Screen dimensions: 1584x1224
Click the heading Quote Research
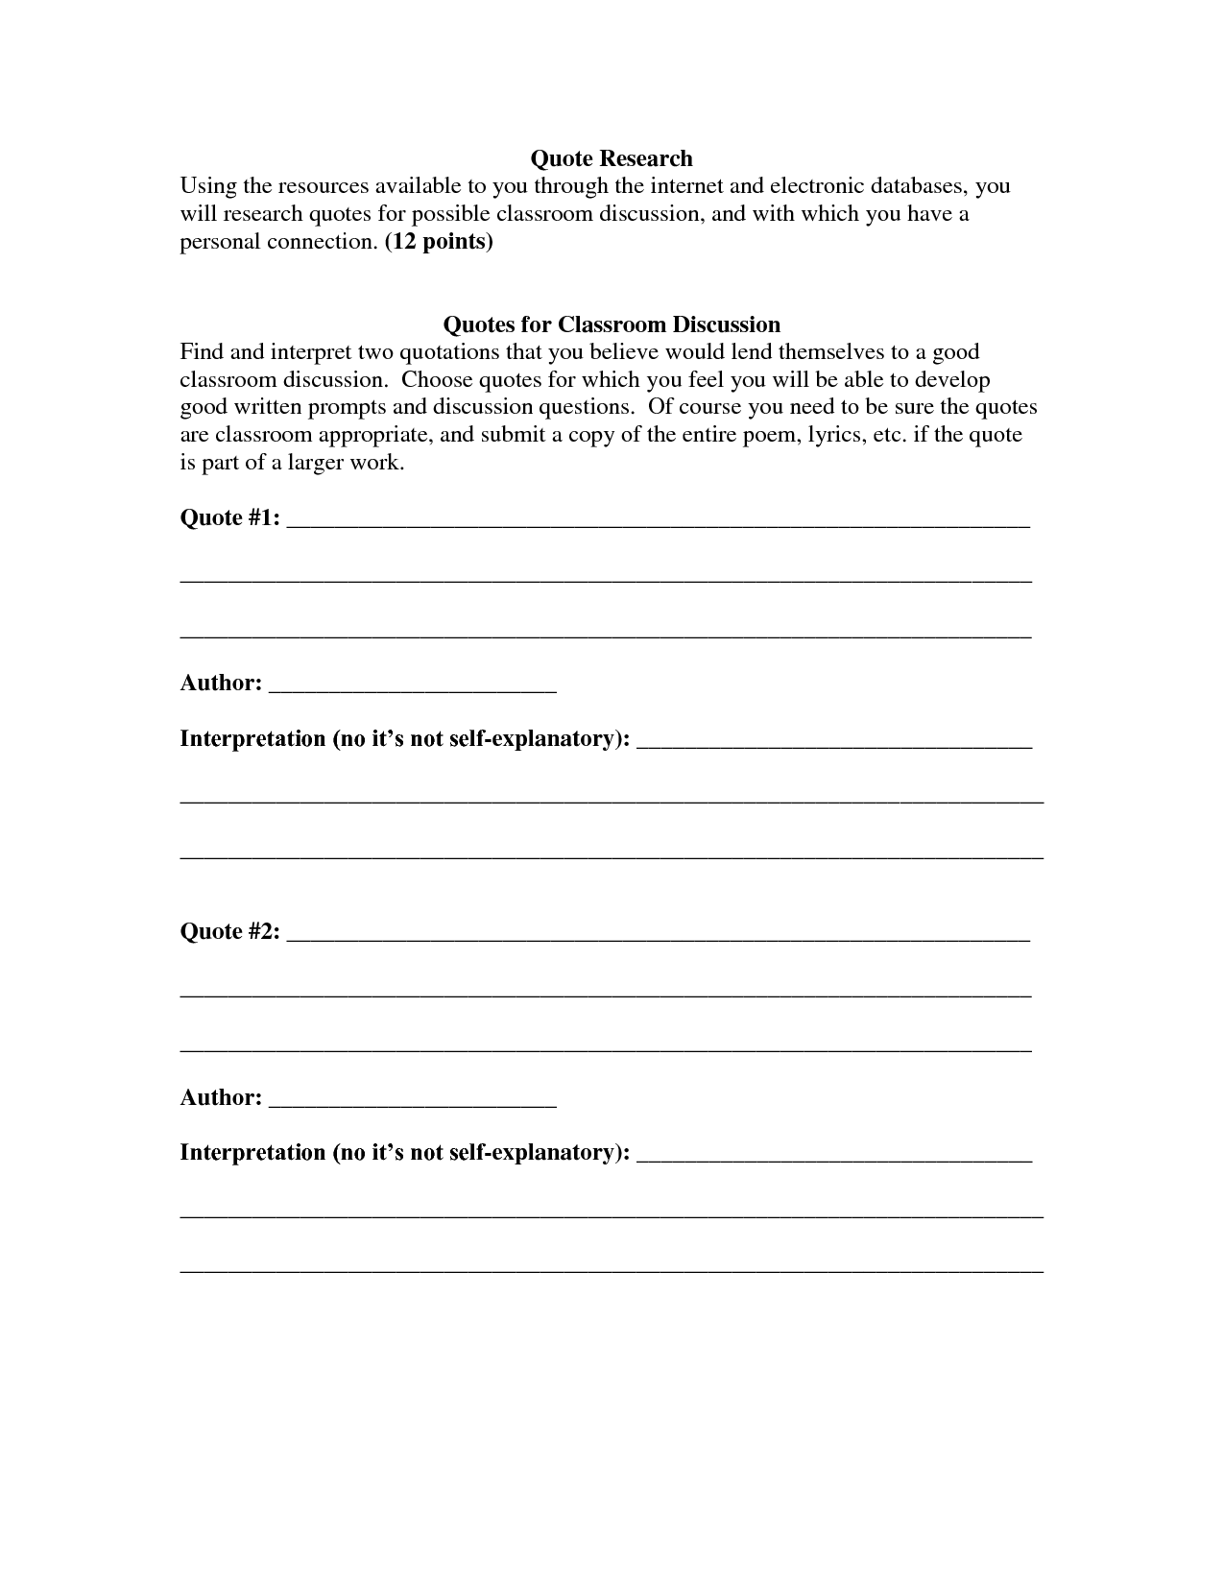pos(612,157)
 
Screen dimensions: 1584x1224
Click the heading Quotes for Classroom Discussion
pos(612,324)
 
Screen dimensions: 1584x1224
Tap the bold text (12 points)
pos(439,241)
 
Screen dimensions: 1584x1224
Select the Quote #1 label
pos(230,518)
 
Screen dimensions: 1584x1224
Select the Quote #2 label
pos(230,932)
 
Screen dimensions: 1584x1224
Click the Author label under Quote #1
pos(221,684)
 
